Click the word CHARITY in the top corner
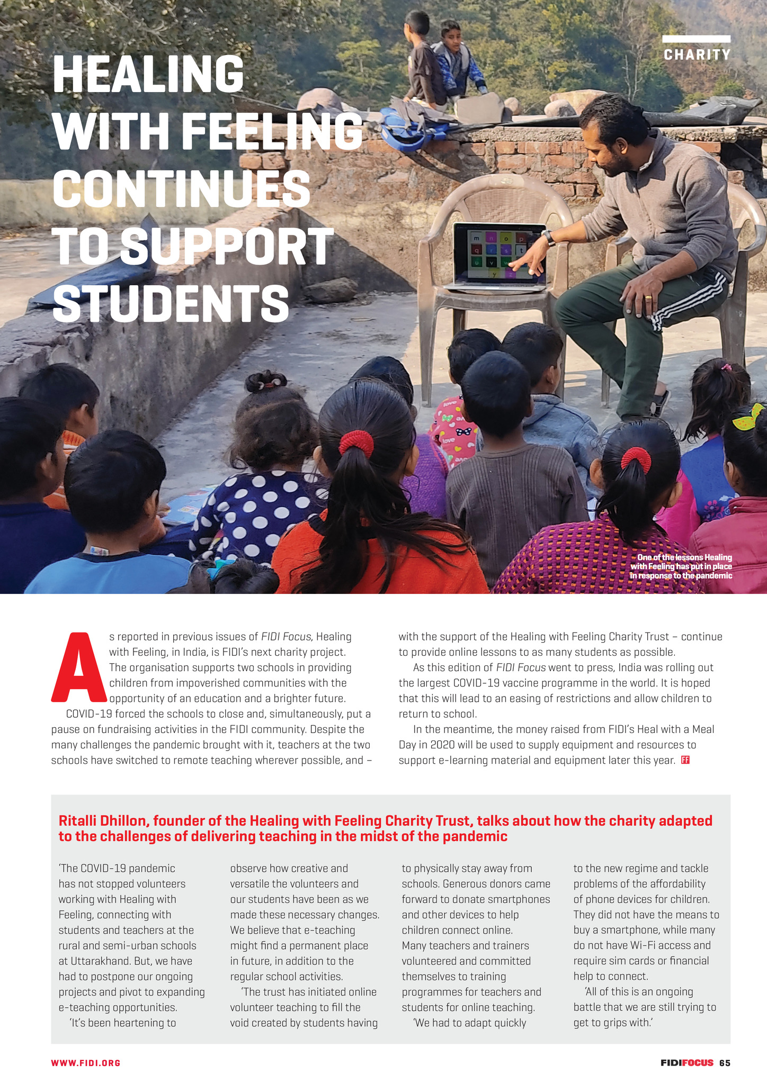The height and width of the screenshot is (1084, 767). point(697,55)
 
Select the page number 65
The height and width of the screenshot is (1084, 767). point(725,1063)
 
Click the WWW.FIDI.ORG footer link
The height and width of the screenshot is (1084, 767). point(86,1063)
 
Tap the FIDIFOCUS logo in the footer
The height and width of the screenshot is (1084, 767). point(686,1063)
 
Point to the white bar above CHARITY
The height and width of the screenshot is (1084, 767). point(696,39)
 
